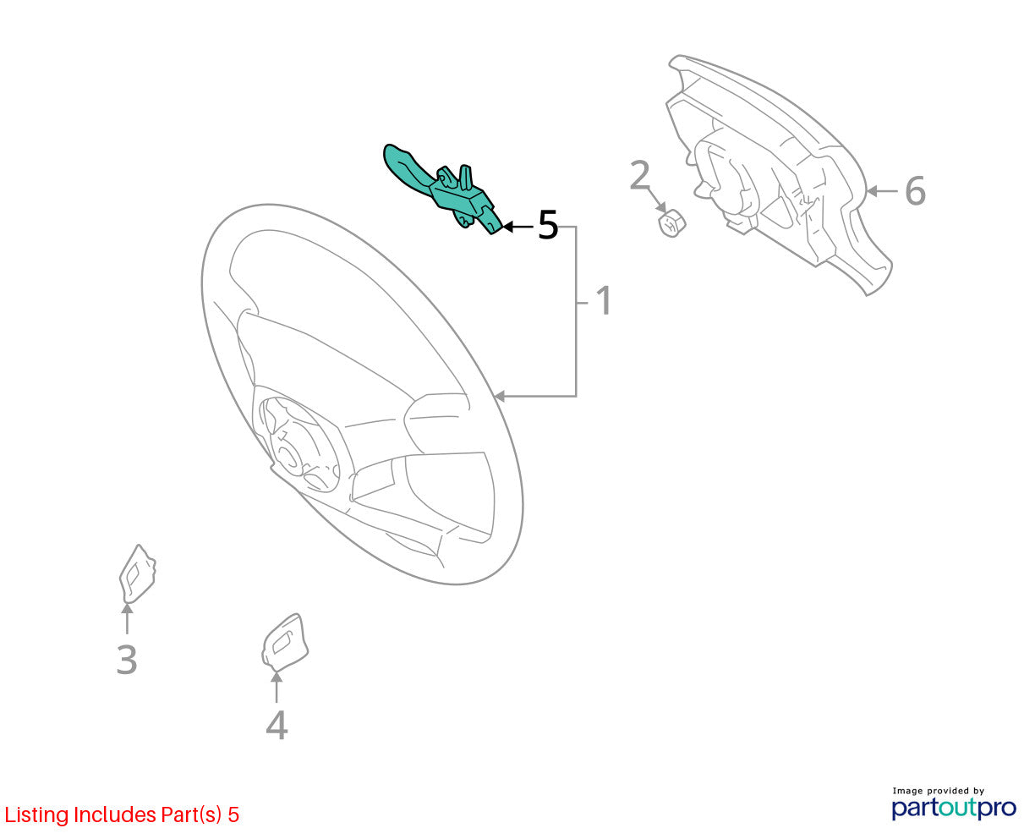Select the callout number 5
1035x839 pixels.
coord(548,225)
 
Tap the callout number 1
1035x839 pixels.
coord(604,300)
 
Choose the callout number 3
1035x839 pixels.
coord(127,659)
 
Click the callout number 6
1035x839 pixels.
coord(916,190)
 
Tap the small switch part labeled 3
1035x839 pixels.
coord(137,574)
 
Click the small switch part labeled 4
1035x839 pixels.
coord(285,641)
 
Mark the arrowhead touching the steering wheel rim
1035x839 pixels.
coord(499,397)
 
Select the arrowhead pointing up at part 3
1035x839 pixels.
coord(128,610)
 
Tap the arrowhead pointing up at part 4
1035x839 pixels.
coord(277,677)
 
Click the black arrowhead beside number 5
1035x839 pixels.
coord(508,227)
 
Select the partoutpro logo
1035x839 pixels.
coord(954,809)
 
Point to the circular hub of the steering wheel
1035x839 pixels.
coord(298,444)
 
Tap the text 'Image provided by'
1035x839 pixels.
coord(938,791)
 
